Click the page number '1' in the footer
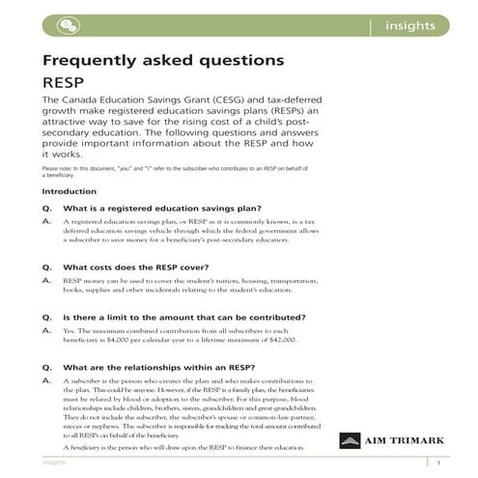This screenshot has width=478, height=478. pyautogui.click(x=438, y=464)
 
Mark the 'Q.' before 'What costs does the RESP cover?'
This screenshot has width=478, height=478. pyautogui.click(x=46, y=267)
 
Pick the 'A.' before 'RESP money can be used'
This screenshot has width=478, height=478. pyautogui.click(x=46, y=280)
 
